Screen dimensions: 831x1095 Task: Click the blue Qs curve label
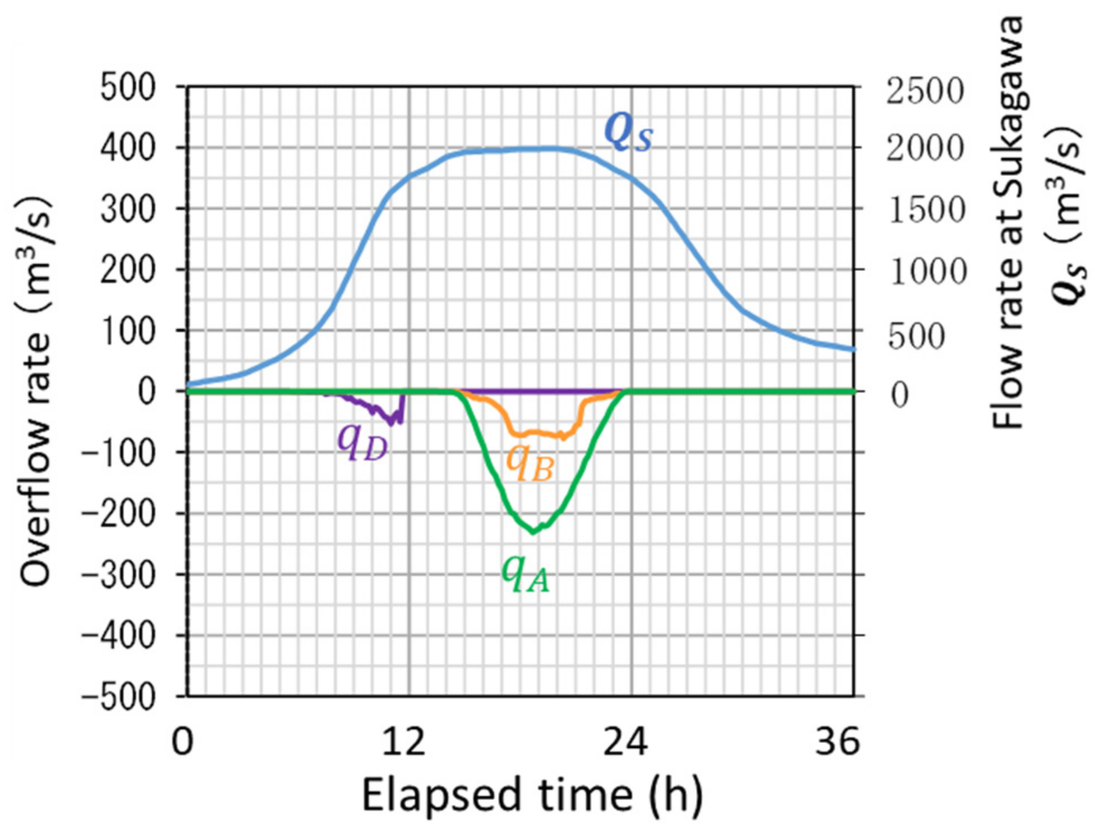pos(628,133)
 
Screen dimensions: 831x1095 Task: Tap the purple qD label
pos(363,442)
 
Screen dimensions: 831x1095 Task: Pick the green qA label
pos(526,573)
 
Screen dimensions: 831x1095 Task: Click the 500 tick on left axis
pos(128,89)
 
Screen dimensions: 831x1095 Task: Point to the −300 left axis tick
pos(119,575)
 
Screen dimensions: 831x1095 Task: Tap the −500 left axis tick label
pos(119,697)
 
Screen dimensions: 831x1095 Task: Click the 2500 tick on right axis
pos(924,91)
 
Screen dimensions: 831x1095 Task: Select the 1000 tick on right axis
pos(928,272)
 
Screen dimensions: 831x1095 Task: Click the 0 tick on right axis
pos(900,394)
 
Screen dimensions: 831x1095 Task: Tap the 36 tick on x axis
pos(837,742)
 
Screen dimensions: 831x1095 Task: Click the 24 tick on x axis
pos(626,742)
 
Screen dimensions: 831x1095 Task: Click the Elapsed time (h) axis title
pos(532,795)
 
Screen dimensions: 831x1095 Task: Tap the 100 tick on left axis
pos(128,332)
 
